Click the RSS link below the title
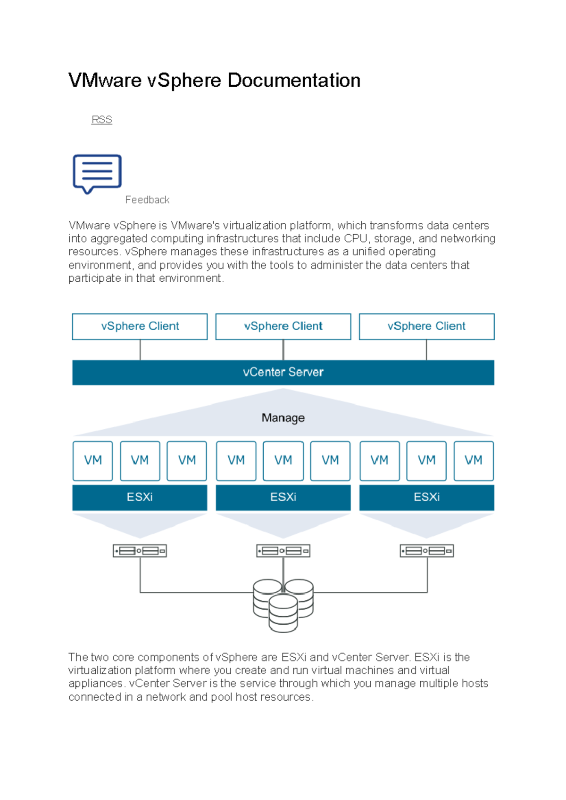coord(102,120)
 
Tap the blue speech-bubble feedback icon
coord(97,174)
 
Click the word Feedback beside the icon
coord(147,200)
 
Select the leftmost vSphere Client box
coord(140,327)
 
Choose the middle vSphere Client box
coord(283,327)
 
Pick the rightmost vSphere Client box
coord(426,327)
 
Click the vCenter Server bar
coord(283,373)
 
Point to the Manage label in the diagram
coord(283,417)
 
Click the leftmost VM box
coord(92,461)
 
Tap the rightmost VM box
coord(474,461)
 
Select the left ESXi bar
coord(140,498)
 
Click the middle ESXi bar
coord(283,498)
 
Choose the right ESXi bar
coord(426,498)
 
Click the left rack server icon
coord(140,551)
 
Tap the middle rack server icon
coord(283,551)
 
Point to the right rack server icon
coord(427,551)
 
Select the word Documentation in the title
coord(294,80)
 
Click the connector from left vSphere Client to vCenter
coord(140,350)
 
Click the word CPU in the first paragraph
coord(356,238)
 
